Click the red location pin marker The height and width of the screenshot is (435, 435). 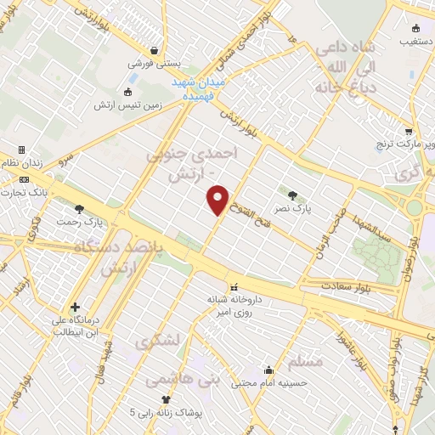tap(218, 200)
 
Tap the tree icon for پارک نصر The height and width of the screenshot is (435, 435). tap(293, 195)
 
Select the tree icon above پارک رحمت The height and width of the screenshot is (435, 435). tap(79, 208)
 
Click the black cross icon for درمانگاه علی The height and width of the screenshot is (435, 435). tap(76, 307)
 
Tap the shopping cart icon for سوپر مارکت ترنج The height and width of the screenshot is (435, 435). tap(409, 132)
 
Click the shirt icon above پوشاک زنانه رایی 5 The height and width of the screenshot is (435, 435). tap(166, 399)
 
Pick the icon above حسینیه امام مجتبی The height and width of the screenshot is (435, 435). tap(268, 370)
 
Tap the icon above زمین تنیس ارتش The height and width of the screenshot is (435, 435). tap(128, 92)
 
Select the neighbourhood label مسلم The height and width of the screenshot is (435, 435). tap(305, 361)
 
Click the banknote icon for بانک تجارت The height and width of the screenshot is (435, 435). tap(23, 179)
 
